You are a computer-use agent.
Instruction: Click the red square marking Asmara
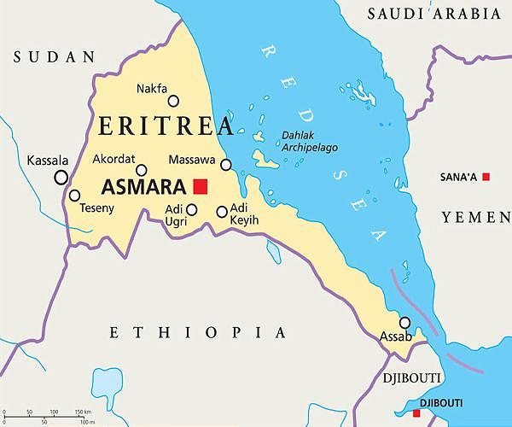[201, 186]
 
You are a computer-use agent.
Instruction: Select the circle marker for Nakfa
[173, 101]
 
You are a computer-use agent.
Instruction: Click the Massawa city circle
[226, 165]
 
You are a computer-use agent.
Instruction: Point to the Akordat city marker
[142, 170]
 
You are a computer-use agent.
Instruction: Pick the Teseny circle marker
[74, 195]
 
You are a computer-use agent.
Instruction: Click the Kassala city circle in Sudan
[61, 178]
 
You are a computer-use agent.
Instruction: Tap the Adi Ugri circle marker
[192, 209]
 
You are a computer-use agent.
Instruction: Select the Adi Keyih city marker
[222, 212]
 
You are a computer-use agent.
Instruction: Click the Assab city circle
[404, 323]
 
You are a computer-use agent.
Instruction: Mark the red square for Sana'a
[486, 177]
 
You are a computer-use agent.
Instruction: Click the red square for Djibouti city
[416, 413]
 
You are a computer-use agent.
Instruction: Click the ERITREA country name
[166, 127]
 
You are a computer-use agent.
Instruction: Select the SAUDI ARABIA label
[433, 14]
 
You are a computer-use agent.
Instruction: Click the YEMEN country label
[475, 218]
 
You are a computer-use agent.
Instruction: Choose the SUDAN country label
[55, 57]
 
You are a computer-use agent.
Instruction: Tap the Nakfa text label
[153, 88]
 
